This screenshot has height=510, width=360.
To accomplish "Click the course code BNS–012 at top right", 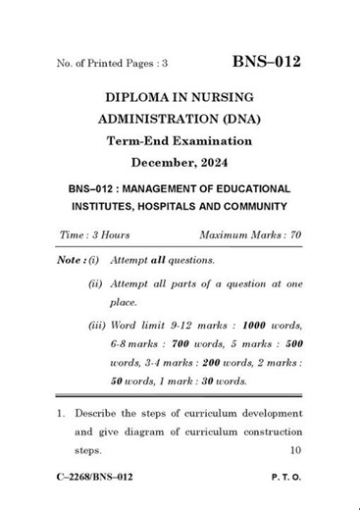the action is [266, 63].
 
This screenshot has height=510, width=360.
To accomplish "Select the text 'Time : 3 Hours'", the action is [94, 235].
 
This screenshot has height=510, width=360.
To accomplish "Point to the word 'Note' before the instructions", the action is [69, 260].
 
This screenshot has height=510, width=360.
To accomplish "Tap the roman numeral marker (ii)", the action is [95, 282].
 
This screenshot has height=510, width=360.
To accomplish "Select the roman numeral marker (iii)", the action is [96, 325].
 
